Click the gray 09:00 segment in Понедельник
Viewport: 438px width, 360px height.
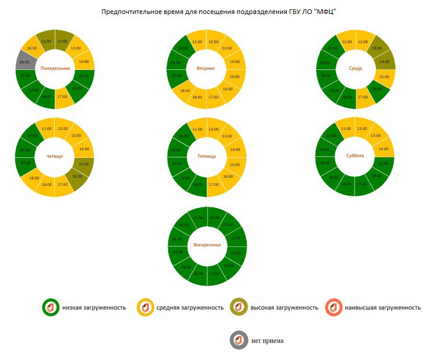tap(24, 62)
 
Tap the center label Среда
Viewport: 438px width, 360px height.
tap(355, 68)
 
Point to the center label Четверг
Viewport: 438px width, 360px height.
tap(55, 157)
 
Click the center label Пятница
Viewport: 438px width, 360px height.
tap(207, 157)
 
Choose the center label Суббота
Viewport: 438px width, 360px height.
tap(355, 156)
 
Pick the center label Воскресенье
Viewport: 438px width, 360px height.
tap(207, 245)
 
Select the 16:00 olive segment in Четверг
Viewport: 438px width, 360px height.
tap(77, 175)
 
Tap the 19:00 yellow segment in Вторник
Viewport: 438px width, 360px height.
tap(185, 90)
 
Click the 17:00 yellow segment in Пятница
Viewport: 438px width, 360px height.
tap(214, 185)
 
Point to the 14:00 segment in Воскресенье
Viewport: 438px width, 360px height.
tap(235, 238)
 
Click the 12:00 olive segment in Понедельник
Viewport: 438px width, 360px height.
tap(62, 41)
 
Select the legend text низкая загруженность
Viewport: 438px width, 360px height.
tap(94, 307)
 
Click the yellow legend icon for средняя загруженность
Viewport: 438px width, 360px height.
tap(144, 307)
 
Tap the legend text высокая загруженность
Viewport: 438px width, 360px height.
tap(284, 307)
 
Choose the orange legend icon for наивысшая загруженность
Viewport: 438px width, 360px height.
tap(334, 307)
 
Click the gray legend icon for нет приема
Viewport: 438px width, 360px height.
tap(239, 340)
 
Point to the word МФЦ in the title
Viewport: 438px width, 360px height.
tap(327, 12)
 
